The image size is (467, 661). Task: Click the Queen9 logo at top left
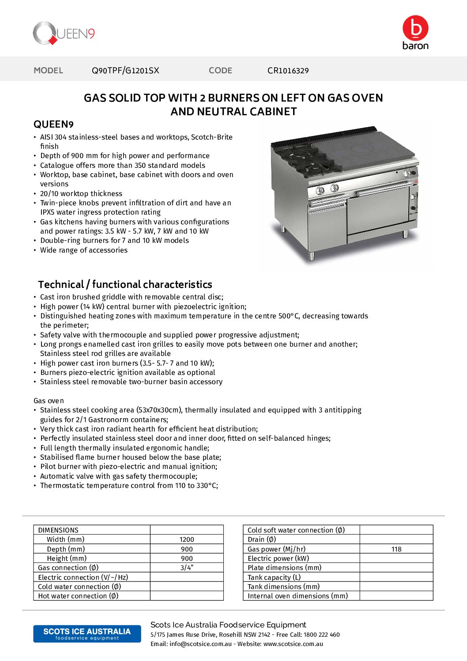click(64, 33)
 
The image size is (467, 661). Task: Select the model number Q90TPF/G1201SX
click(125, 71)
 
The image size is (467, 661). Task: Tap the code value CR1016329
click(288, 71)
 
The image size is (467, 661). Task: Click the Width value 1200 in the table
click(187, 540)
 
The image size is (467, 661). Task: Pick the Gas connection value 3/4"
click(187, 568)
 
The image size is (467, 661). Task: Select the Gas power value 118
click(396, 549)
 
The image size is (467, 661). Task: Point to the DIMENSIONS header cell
click(58, 530)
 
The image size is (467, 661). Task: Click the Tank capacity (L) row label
click(274, 578)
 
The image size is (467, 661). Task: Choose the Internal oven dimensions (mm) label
click(298, 596)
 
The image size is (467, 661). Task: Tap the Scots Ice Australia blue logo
click(87, 634)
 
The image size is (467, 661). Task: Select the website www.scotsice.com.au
click(293, 644)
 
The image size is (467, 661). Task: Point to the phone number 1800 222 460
click(321, 635)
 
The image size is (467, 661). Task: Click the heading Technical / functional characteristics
click(125, 284)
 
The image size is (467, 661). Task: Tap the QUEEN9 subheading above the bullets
click(53, 125)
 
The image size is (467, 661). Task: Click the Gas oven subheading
click(49, 401)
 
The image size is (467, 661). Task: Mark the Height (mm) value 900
click(187, 559)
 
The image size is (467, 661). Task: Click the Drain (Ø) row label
click(262, 540)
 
